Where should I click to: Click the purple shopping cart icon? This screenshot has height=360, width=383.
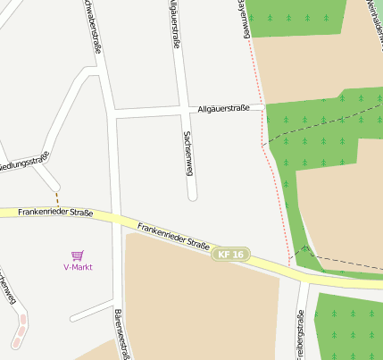(77, 255)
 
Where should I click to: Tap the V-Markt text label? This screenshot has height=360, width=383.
(77, 267)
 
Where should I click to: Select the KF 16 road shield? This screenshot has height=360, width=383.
(230, 255)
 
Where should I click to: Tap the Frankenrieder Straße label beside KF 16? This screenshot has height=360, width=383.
(173, 236)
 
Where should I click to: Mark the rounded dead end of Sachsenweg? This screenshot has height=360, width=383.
(191, 196)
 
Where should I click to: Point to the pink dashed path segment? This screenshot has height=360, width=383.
(20, 331)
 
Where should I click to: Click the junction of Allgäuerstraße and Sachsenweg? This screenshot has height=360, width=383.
(184, 111)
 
